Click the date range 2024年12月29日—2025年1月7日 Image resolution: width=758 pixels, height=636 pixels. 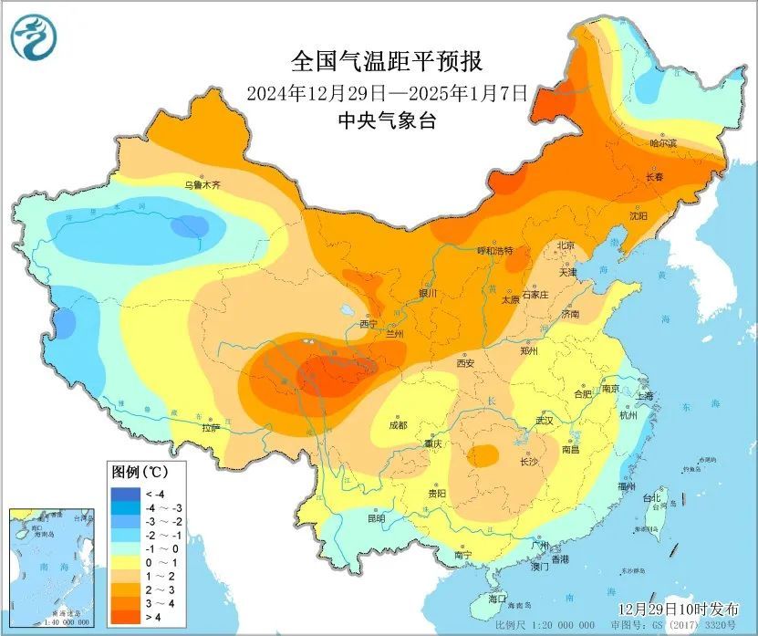pyautogui.click(x=387, y=93)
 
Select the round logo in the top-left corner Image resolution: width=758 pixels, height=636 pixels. pyautogui.click(x=34, y=36)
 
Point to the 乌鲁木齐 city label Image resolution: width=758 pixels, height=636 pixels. pyautogui.click(x=202, y=184)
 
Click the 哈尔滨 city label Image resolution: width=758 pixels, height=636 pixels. pyautogui.click(x=663, y=143)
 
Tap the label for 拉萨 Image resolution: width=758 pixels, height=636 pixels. pyautogui.click(x=211, y=426)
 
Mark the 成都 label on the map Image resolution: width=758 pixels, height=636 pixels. pyautogui.click(x=398, y=424)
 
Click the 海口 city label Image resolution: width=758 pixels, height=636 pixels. pyautogui.click(x=496, y=599)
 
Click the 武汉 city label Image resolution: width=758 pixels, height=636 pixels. pyautogui.click(x=545, y=421)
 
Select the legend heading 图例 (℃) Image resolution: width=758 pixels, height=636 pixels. pyautogui.click(x=138, y=473)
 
